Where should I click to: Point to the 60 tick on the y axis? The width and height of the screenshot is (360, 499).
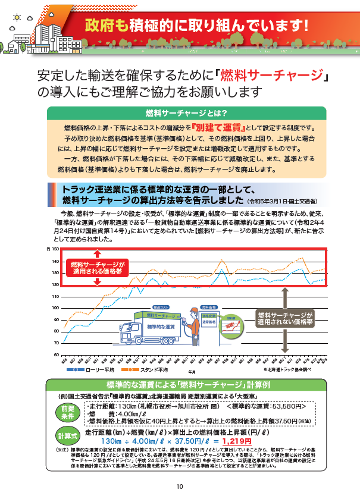click(55, 354)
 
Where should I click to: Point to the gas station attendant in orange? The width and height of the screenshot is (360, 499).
click(196, 324)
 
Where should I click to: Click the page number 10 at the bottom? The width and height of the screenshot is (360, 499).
click(180, 485)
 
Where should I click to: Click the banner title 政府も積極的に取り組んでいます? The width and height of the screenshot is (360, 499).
click(197, 26)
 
